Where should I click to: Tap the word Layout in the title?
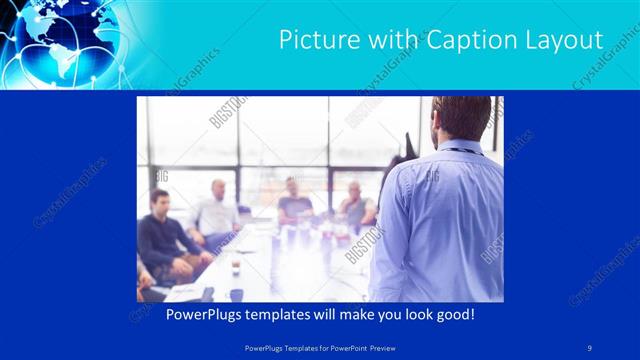coord(564,40)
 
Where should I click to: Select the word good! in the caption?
coord(455,316)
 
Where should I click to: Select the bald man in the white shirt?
coord(216,210)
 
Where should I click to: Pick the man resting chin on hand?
coord(355,205)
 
